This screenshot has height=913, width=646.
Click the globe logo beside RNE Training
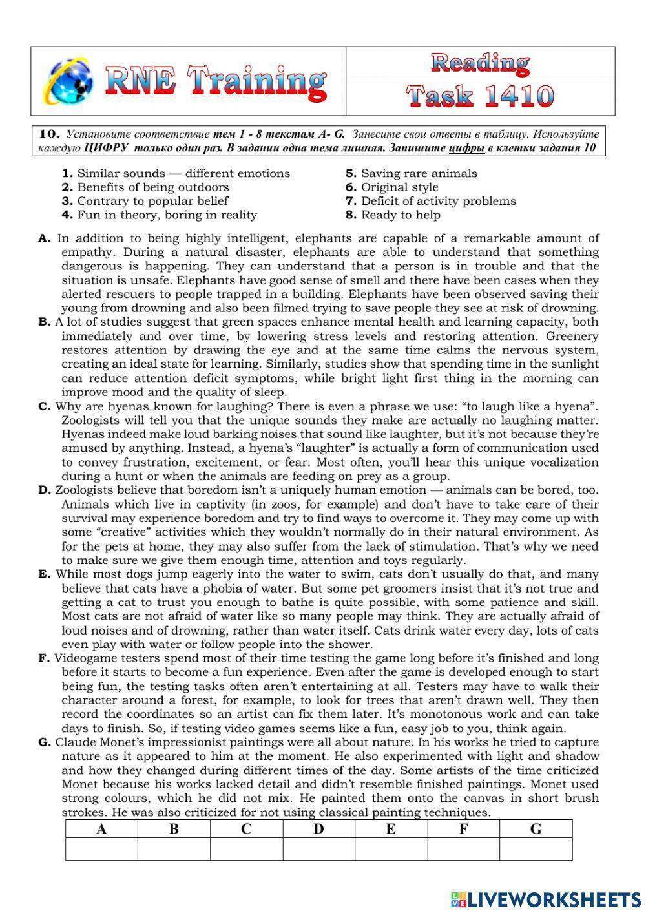tap(67, 81)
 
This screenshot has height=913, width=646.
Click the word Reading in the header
tap(480, 63)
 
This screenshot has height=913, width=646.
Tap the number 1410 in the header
tap(517, 97)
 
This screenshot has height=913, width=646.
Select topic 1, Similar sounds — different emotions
tap(176, 173)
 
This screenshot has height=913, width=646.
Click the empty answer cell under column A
tap(101, 849)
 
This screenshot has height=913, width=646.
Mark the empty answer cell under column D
tap(318, 849)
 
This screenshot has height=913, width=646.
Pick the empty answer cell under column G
tap(536, 849)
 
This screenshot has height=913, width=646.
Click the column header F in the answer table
tap(463, 829)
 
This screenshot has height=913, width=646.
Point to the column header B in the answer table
tap(174, 829)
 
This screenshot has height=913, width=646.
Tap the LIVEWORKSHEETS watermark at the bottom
tap(546, 899)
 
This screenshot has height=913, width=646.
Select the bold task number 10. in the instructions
tap(50, 134)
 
